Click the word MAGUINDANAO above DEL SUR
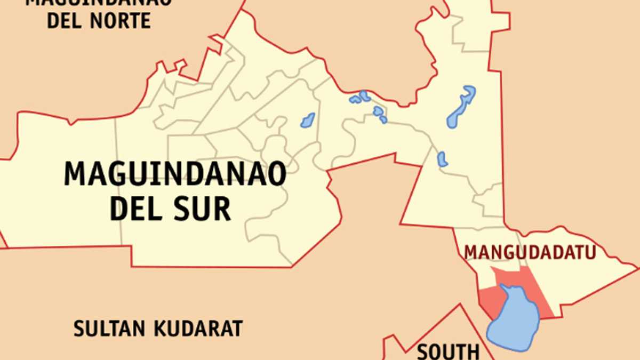(x=175, y=174)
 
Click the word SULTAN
(x=109, y=329)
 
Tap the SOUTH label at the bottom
(x=448, y=352)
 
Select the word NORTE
(x=121, y=21)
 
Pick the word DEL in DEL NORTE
(x=66, y=21)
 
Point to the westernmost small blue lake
(x=308, y=121)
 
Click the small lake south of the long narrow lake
(x=442, y=159)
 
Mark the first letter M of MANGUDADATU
(x=470, y=252)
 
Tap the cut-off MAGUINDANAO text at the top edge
(x=99, y=2)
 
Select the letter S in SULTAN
(x=79, y=329)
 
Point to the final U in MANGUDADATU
(x=588, y=252)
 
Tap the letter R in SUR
(x=222, y=209)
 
